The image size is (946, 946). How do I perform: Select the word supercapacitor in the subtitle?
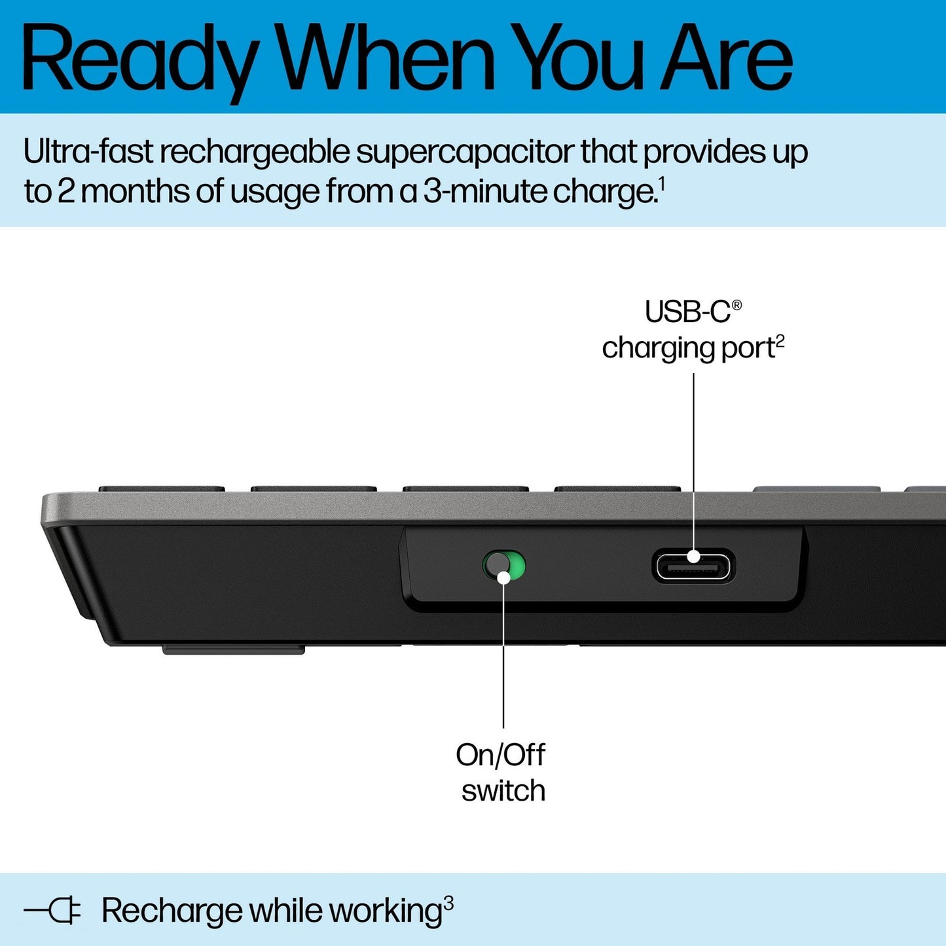point(464,152)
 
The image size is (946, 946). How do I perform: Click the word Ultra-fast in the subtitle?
point(88,152)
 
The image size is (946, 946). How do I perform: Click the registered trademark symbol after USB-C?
point(737,305)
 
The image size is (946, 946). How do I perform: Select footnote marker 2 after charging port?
point(780,341)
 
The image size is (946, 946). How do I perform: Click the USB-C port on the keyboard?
point(693,566)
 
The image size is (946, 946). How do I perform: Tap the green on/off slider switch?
point(504,566)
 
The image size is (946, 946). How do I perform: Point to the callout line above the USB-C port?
point(693,458)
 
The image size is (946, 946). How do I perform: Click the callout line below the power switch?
point(503,655)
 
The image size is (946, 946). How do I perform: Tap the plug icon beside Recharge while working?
point(52,911)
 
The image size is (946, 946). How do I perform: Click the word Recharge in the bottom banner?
point(172,911)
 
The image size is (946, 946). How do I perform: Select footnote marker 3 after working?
point(448,903)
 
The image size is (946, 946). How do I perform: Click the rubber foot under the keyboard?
point(233,649)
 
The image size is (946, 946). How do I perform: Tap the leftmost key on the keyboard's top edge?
point(162,489)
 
